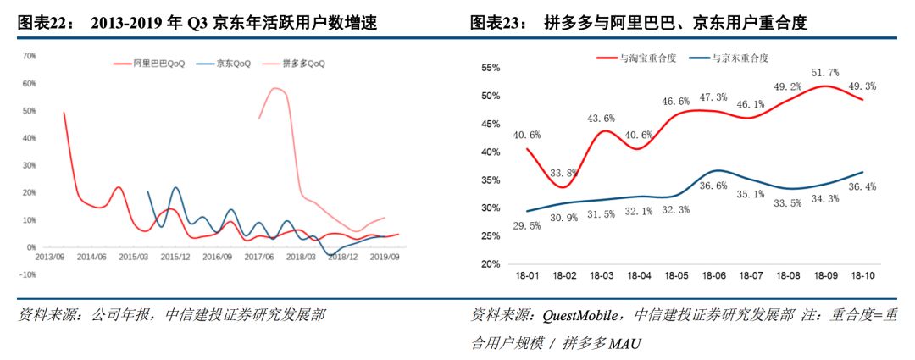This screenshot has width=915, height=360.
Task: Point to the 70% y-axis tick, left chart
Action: coord(27,56)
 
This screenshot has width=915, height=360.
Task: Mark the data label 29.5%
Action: coord(527,225)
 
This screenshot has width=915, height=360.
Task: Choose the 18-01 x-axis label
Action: coord(527,276)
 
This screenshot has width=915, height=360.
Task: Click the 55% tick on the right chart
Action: coord(491,69)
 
